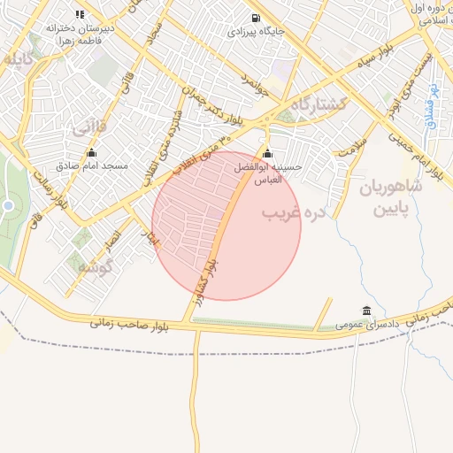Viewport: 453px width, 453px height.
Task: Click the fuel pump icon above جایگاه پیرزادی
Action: pyautogui.click(x=256, y=18)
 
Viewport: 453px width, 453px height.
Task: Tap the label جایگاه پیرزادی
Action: pyautogui.click(x=256, y=32)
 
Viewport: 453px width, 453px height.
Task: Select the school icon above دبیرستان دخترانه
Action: pyautogui.click(x=81, y=14)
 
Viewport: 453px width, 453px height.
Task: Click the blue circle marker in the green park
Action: pyautogui.click(x=8, y=206)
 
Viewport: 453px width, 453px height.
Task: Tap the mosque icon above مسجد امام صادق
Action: pyautogui.click(x=91, y=153)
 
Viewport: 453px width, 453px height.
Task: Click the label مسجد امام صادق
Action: pyautogui.click(x=92, y=165)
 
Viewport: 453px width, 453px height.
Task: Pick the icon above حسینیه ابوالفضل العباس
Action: pyautogui.click(x=267, y=154)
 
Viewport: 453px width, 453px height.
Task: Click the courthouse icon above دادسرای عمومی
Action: pyautogui.click(x=366, y=311)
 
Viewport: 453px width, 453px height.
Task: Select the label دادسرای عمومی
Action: pyautogui.click(x=367, y=325)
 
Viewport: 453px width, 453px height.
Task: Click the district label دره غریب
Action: pyautogui.click(x=295, y=213)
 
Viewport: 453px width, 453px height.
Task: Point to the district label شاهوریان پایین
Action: pyautogui.click(x=391, y=198)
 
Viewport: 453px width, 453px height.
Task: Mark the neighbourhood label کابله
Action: pyautogui.click(x=18, y=60)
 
